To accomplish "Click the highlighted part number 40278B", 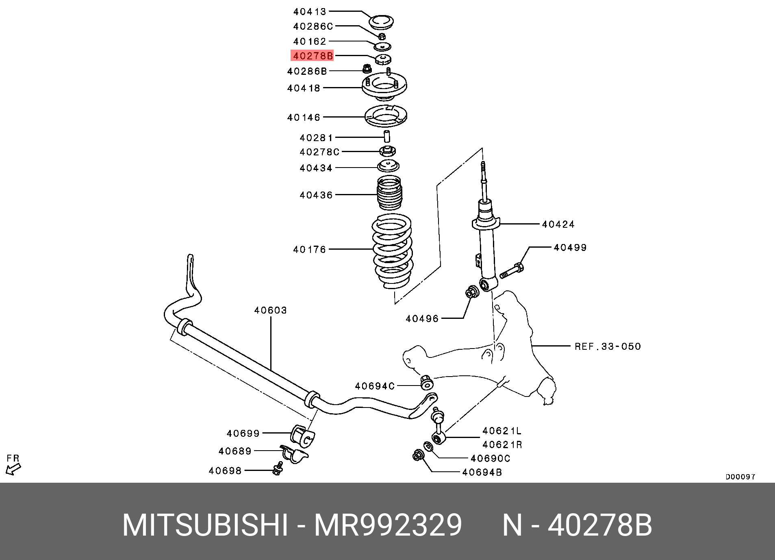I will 312,56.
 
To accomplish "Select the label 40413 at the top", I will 310,12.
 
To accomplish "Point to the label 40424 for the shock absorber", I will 558,224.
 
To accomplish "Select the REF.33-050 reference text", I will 608,346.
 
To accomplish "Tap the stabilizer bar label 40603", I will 271,310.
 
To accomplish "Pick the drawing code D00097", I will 740,477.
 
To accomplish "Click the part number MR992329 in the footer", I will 388,526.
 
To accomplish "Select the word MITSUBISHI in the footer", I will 205,526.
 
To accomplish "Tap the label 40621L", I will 502,431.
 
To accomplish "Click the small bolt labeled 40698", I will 278,469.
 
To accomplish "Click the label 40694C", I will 375,386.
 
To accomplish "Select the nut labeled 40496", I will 472,292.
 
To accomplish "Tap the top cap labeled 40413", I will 381,22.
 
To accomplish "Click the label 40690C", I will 490,458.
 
